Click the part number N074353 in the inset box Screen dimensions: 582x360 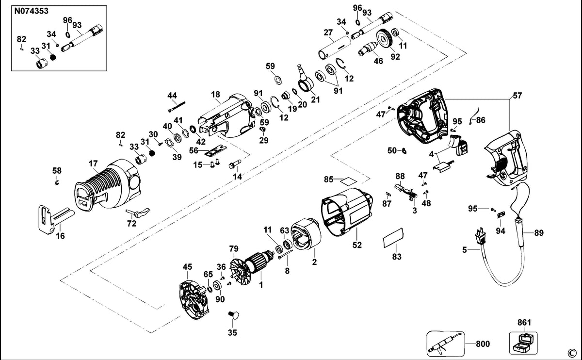pos(31,12)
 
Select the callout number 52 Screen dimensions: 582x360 pos(357,245)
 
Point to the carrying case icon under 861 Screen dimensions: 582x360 pos(523,343)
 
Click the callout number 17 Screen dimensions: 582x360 pos(93,164)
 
